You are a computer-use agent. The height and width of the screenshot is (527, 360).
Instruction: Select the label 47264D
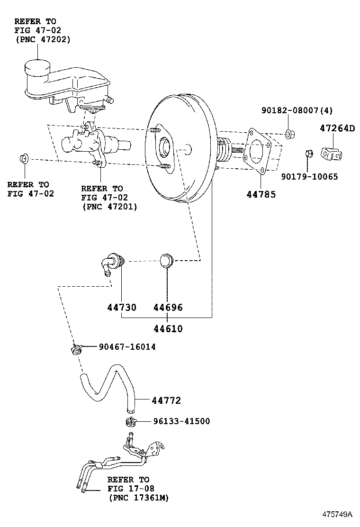pos(336,128)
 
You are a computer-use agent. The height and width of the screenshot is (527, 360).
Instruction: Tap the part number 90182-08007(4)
pos(297,110)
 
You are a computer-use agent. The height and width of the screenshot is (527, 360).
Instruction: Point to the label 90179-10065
pos(309,177)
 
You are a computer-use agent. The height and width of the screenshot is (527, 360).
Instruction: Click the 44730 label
pos(121,308)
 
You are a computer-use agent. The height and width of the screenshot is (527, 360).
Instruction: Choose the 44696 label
pos(168,308)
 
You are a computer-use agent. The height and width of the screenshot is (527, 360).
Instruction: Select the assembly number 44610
pos(168,329)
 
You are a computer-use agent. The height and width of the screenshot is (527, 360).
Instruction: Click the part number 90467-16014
pos(127,347)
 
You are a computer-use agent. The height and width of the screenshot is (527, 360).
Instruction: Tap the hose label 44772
pos(166,400)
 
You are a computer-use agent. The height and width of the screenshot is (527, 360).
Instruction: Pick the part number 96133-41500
pos(181,421)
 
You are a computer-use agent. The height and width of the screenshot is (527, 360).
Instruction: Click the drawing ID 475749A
pos(338,514)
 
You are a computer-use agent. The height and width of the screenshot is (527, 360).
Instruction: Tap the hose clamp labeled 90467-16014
pos(76,350)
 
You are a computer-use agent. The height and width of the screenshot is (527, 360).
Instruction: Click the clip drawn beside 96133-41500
pos(131,422)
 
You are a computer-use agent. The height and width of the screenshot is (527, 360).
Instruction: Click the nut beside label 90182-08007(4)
pos(290,134)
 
